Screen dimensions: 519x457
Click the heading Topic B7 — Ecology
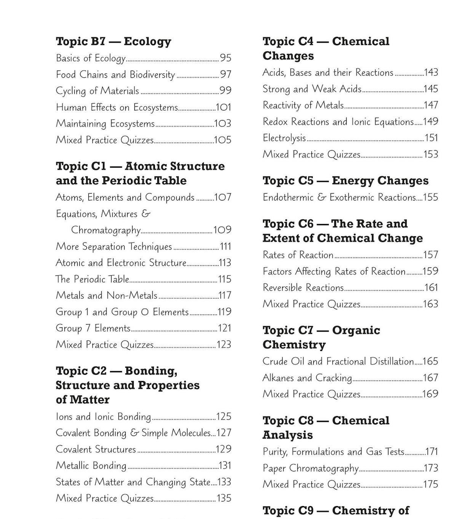tap(113, 42)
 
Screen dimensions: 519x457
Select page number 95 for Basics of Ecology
tap(225, 58)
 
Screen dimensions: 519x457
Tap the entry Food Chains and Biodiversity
tap(115, 74)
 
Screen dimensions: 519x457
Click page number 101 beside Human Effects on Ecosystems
tap(224, 107)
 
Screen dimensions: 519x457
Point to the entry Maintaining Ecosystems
tap(105, 124)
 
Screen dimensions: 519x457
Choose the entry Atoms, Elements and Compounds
tap(125, 197)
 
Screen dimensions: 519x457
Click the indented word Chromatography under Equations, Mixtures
tap(105, 230)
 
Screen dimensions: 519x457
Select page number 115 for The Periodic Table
tap(225, 279)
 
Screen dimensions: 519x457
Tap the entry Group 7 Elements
tap(93, 328)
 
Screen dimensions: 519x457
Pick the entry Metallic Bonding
tap(91, 466)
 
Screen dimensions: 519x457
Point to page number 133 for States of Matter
tap(224, 482)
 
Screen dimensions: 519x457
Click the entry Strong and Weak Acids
tap(312, 89)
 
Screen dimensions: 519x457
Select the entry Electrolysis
tap(284, 138)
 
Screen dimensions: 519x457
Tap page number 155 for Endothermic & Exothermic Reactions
tap(431, 197)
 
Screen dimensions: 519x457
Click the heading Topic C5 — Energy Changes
tap(345, 181)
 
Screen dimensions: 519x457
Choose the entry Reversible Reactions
tap(303, 288)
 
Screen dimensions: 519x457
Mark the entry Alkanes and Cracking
tap(307, 378)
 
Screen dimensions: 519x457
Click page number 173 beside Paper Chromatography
tap(431, 468)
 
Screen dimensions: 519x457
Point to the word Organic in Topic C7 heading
tap(356, 330)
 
